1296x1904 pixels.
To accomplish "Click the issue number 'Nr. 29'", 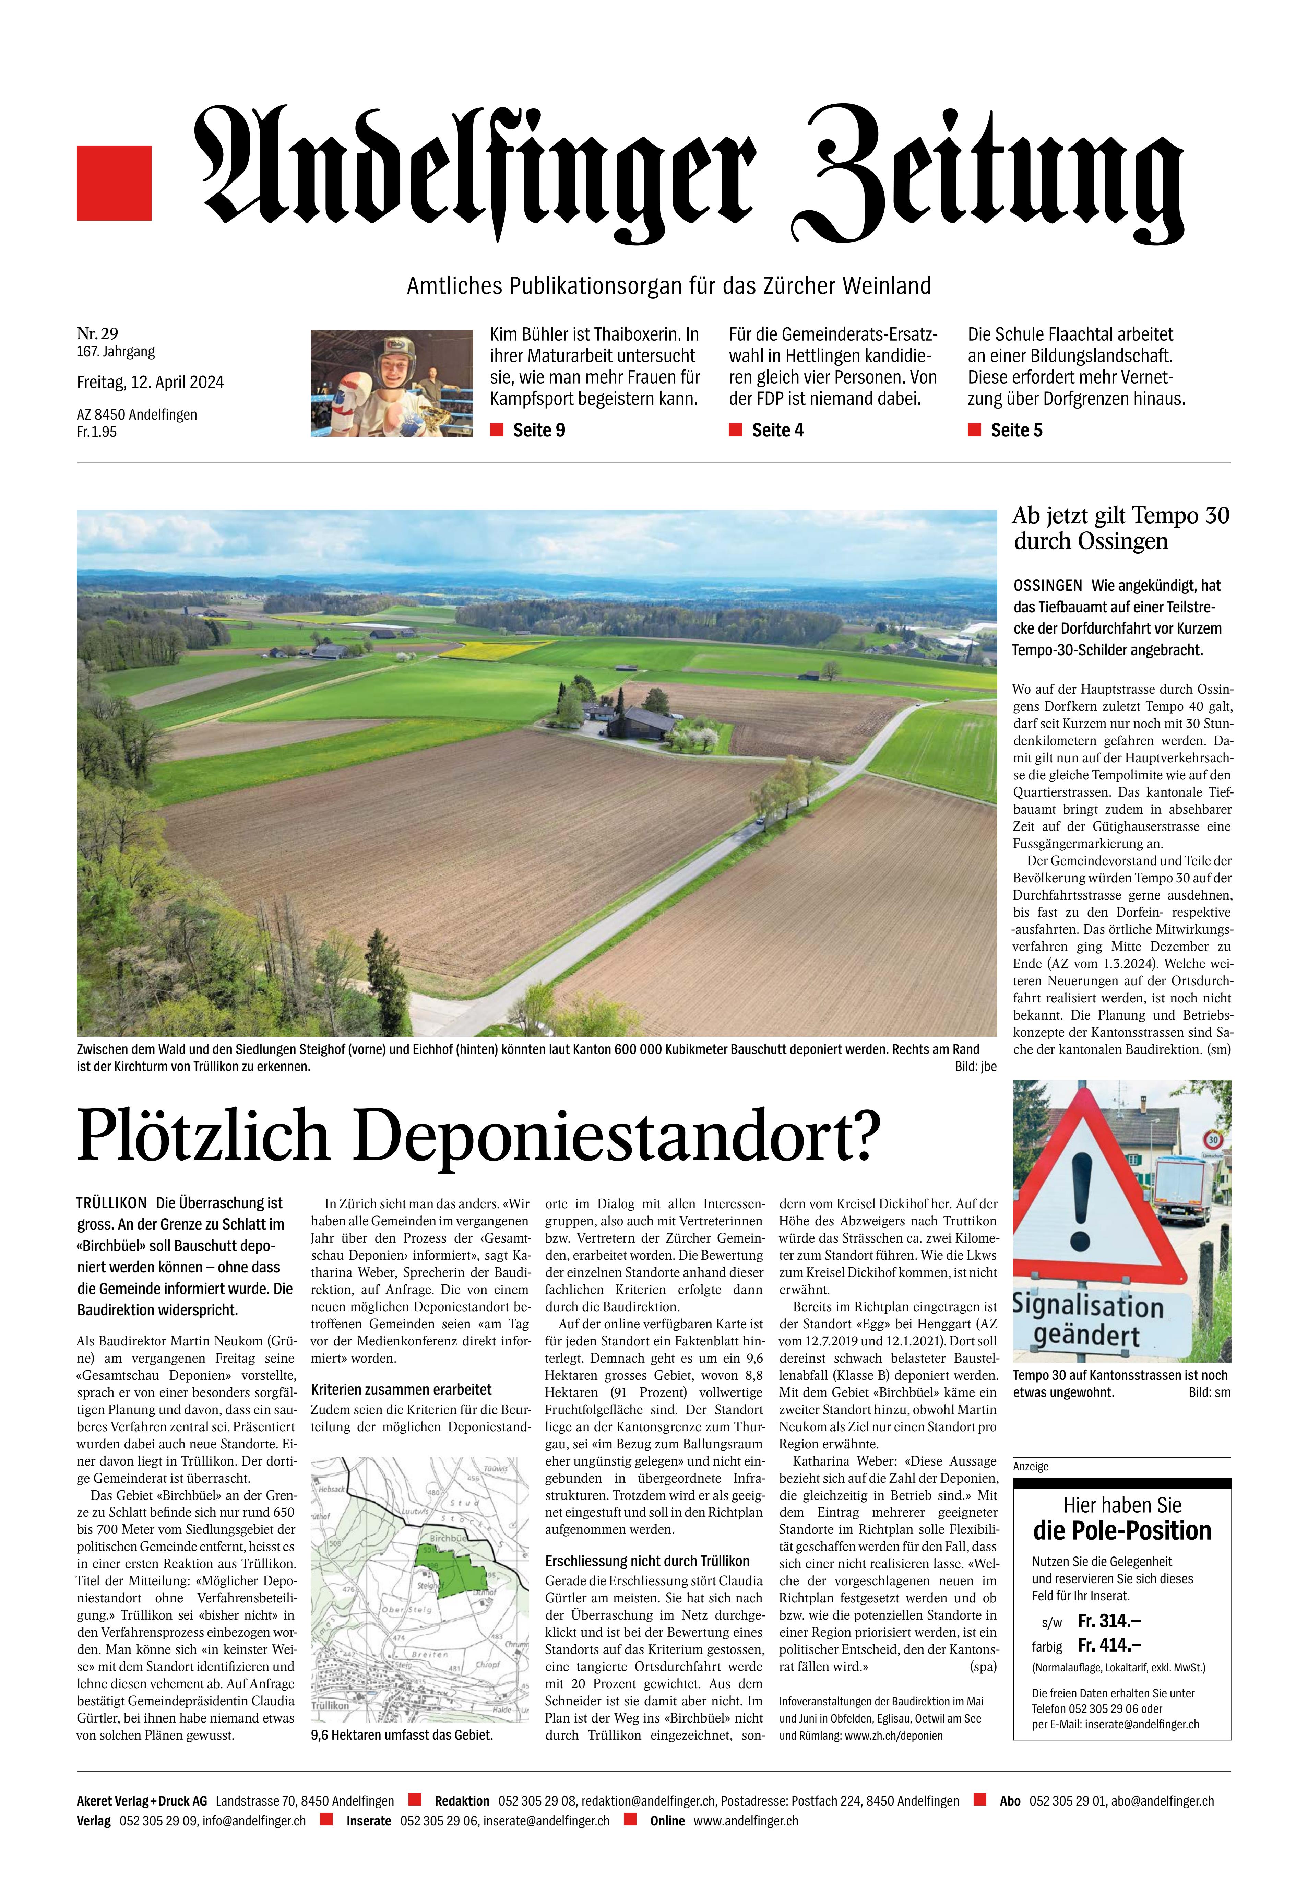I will [x=97, y=333].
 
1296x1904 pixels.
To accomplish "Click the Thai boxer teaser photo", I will [x=392, y=383].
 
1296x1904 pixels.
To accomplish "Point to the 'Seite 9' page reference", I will [x=538, y=430].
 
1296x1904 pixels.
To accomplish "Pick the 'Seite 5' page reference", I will [x=1016, y=430].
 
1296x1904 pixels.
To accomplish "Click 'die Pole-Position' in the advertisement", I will [x=1121, y=1531].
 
